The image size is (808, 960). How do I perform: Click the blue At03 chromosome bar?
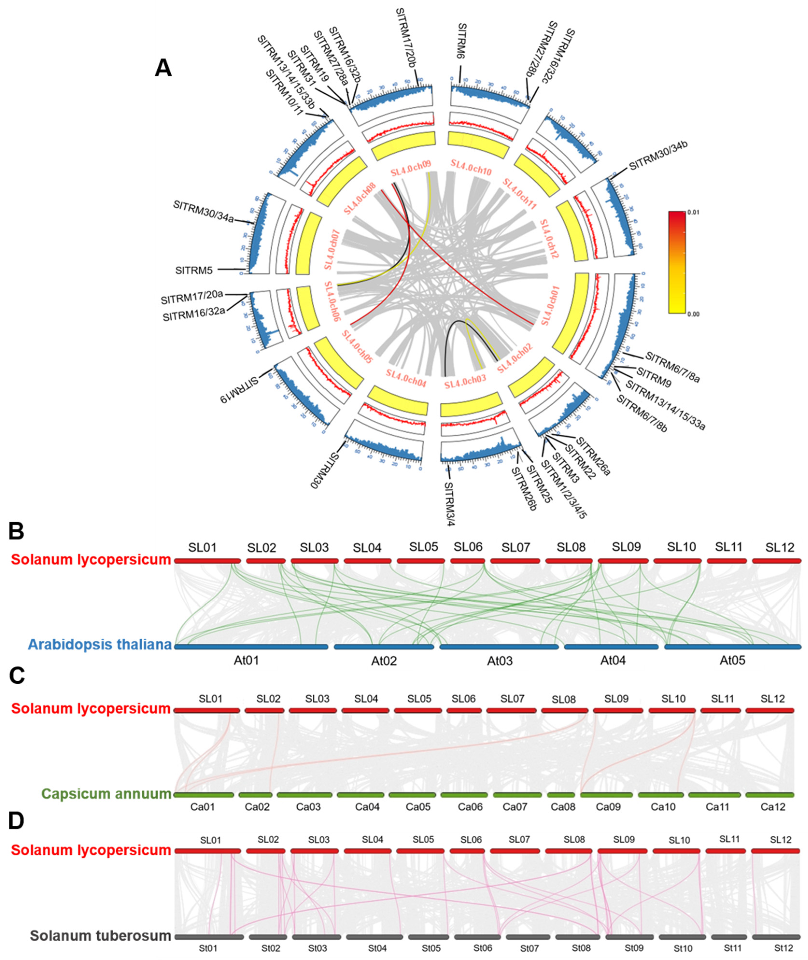499,647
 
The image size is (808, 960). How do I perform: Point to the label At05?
732,660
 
